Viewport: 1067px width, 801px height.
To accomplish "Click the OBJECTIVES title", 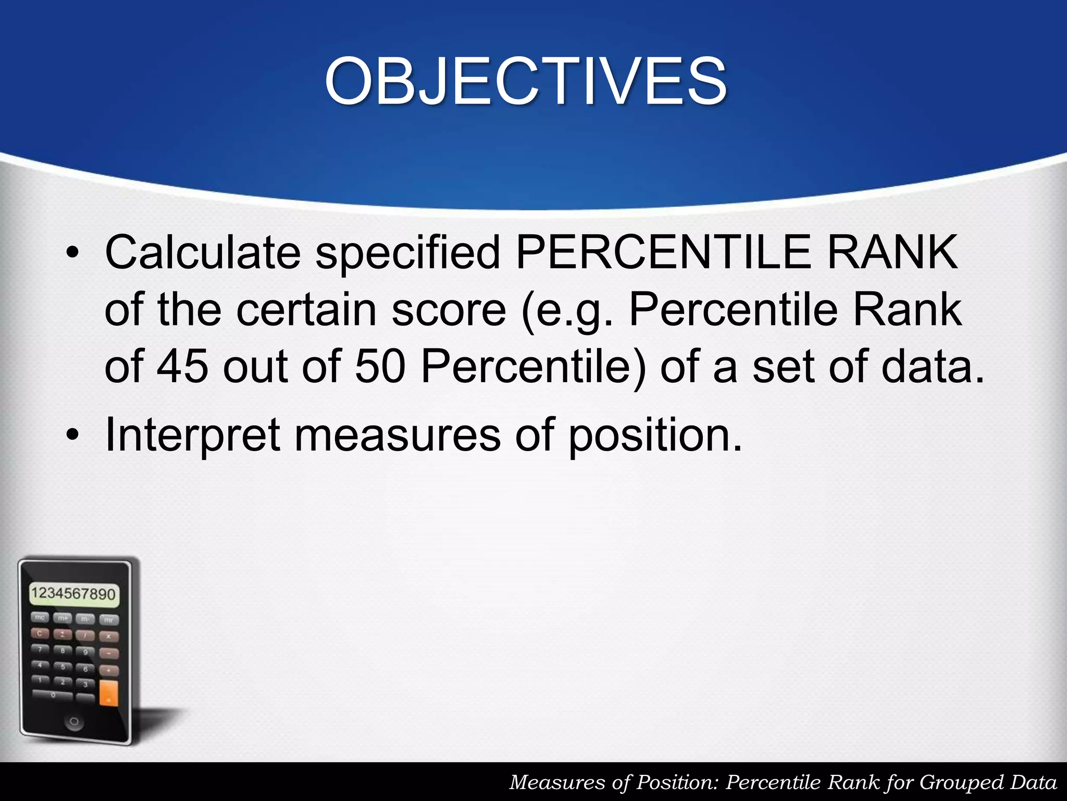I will point(525,82).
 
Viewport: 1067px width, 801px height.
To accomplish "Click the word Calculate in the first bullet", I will point(203,252).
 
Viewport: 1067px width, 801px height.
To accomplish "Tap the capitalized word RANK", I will point(892,252).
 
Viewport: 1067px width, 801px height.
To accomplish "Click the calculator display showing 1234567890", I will point(73,594).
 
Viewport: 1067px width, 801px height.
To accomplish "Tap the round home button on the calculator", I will point(74,722).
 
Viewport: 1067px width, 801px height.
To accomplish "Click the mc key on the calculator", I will point(40,618).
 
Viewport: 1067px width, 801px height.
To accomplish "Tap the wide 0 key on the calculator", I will point(52,695).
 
